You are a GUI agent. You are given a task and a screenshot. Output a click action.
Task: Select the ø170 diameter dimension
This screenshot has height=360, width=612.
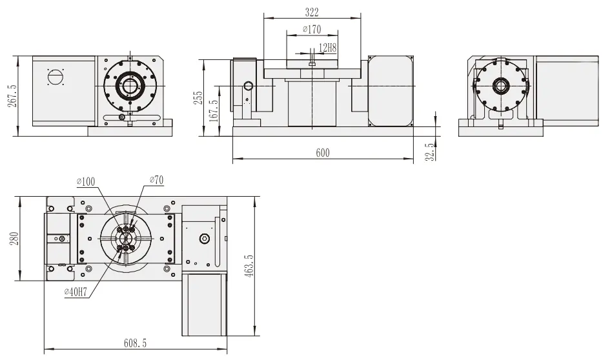[x=311, y=30]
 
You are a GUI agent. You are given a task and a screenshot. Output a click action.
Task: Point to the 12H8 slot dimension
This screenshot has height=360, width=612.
[x=329, y=47]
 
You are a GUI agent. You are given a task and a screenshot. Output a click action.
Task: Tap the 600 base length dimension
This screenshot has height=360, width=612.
[x=323, y=152]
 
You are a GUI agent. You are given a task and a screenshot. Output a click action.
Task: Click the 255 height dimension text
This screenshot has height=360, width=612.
[x=199, y=97]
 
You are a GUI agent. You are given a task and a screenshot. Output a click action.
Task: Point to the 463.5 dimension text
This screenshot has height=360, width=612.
[x=250, y=265]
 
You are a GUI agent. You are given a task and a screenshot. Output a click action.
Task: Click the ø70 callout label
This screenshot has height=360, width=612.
[x=156, y=181]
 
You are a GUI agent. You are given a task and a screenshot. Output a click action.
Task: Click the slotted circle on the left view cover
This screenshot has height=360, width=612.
[x=56, y=77]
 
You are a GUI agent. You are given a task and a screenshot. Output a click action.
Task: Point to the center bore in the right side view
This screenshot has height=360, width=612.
[x=500, y=85]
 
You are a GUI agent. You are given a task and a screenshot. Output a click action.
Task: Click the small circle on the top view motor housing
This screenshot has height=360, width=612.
[x=203, y=239]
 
